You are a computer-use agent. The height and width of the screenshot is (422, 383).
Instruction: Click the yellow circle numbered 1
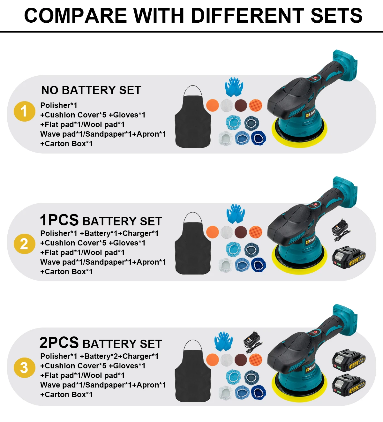click(x=24, y=111)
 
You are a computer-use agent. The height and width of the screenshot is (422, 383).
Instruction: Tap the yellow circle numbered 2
click(x=24, y=244)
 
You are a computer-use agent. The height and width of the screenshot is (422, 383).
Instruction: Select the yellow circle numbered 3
click(x=24, y=367)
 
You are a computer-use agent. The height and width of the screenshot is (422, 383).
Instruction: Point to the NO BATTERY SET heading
click(x=91, y=90)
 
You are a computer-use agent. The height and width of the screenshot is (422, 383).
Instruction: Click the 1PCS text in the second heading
click(x=59, y=220)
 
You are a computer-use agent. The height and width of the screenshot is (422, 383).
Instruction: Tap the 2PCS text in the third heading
click(x=59, y=343)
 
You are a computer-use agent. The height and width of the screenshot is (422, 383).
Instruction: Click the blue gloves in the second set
click(x=236, y=213)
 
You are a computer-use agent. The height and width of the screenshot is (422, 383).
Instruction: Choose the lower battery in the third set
click(x=349, y=385)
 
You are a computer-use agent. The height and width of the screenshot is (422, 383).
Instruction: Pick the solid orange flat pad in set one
click(x=213, y=105)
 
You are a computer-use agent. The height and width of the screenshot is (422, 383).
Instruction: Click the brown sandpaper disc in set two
click(x=241, y=232)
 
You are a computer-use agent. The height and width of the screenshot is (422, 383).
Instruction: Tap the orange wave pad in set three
click(x=255, y=359)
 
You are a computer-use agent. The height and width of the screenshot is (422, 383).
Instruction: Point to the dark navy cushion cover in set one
click(x=259, y=138)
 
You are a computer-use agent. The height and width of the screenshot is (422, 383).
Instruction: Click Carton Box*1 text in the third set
click(x=66, y=395)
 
